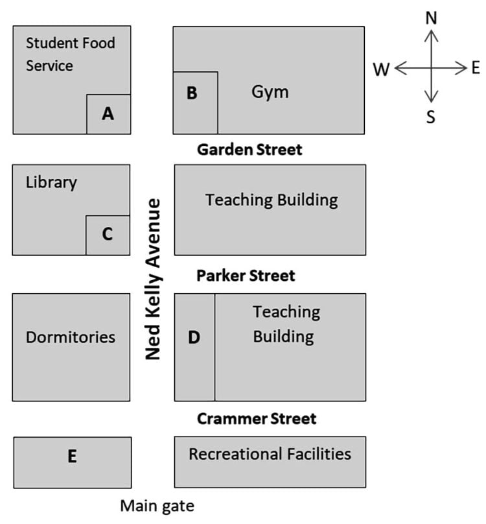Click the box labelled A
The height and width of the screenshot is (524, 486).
point(108,114)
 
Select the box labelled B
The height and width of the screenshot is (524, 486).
point(195,102)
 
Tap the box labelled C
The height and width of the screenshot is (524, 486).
point(108,235)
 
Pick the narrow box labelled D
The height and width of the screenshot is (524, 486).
point(194,347)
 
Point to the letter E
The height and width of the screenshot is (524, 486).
point(72,457)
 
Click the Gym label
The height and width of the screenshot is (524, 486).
point(270,92)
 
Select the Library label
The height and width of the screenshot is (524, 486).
point(51,182)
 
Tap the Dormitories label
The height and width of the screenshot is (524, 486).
point(71,337)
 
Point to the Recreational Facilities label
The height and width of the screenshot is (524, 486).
point(270,454)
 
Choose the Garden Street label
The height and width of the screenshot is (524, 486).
point(249,150)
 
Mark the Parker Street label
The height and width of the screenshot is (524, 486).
point(246,276)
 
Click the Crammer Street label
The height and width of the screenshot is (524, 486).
point(257,419)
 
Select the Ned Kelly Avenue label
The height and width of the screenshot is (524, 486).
point(154,279)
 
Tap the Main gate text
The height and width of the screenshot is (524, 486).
point(157,505)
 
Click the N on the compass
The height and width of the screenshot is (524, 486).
point(431,18)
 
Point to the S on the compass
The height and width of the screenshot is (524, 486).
point(431,117)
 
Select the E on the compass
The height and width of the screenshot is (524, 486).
point(476,67)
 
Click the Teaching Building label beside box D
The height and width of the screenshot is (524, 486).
point(286,324)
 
